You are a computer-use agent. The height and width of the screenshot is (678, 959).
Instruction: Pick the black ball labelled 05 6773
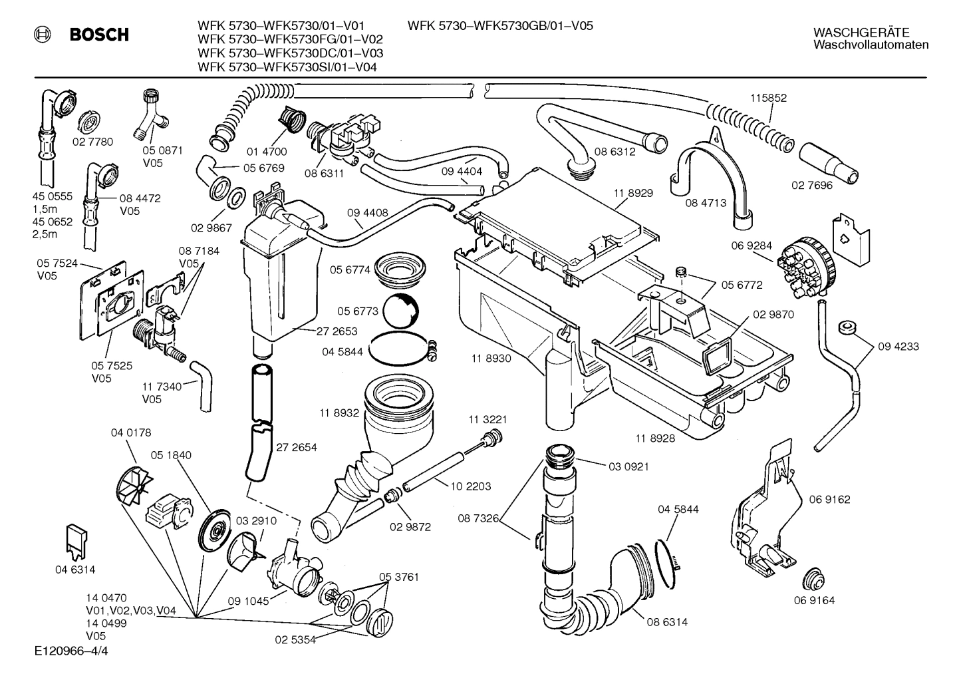click(402, 310)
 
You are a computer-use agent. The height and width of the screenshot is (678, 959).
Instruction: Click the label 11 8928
click(655, 438)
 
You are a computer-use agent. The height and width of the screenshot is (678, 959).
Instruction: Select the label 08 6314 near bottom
click(667, 622)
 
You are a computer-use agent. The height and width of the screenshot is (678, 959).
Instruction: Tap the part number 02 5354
click(295, 639)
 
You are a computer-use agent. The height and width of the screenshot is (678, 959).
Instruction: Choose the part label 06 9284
click(752, 246)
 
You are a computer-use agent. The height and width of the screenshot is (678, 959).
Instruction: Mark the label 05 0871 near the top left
click(152, 151)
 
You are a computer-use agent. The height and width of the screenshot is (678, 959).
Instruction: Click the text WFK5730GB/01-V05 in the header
click(532, 26)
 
